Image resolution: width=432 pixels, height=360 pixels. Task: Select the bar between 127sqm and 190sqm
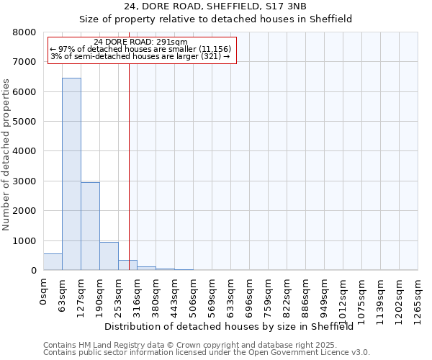(90, 226)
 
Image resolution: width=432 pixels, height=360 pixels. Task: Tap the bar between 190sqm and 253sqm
(109, 256)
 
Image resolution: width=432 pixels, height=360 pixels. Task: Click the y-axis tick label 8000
(24, 32)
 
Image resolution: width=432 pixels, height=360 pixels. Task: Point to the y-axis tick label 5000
(24, 122)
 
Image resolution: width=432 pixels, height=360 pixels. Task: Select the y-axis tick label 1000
(24, 241)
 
